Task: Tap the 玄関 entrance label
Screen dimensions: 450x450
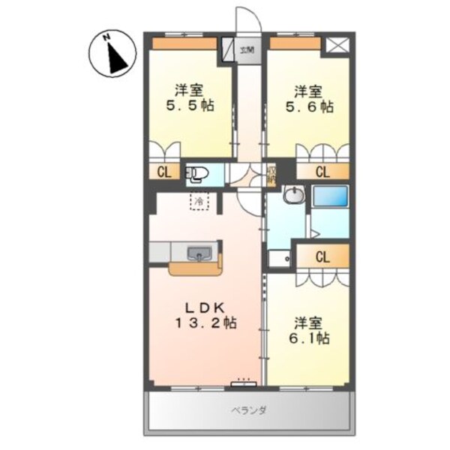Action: pos(247,51)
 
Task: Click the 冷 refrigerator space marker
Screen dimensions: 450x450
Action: pos(199,201)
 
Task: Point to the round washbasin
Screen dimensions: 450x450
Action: pos(294,197)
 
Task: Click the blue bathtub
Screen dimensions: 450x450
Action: pos(329,197)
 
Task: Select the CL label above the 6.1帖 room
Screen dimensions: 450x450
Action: pos(322,257)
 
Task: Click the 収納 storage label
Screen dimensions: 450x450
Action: pos(271,177)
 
